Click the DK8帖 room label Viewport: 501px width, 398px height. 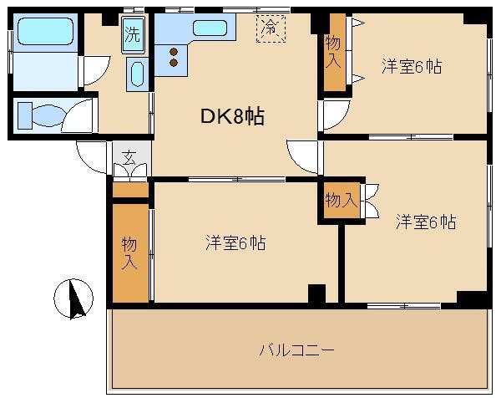click(x=232, y=116)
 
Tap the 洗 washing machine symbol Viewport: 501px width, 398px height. click(x=133, y=35)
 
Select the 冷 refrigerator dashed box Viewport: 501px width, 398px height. click(x=271, y=28)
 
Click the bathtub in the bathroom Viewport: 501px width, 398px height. click(x=45, y=31)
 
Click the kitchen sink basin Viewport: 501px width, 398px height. click(x=210, y=28)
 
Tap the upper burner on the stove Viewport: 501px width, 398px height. click(x=174, y=52)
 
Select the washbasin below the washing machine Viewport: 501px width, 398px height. click(x=138, y=74)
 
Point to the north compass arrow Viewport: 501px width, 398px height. click(x=77, y=298)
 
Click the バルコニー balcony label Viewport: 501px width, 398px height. click(x=296, y=350)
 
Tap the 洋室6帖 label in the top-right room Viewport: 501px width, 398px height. click(x=412, y=67)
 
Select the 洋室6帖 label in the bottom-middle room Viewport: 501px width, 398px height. click(x=235, y=242)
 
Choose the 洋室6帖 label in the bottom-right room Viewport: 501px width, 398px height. click(x=426, y=222)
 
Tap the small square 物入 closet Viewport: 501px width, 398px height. click(x=342, y=201)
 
